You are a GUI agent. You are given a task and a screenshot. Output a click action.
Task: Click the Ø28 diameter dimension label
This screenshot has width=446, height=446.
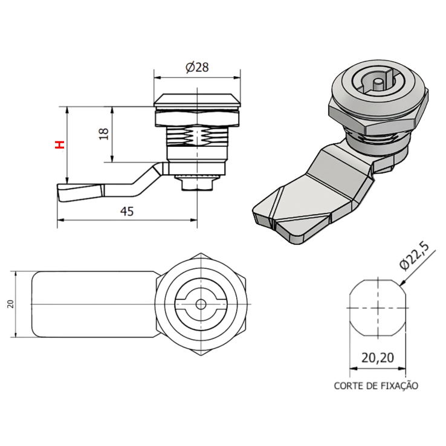click(198, 68)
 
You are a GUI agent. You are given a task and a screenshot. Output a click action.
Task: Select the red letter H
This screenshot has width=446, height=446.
click(59, 145)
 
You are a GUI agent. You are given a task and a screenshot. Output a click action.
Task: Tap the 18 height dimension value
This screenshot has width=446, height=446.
click(103, 134)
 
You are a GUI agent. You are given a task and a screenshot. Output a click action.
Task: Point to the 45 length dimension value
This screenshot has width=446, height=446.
click(127, 212)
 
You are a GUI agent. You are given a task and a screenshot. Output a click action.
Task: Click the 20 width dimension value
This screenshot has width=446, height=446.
click(10, 304)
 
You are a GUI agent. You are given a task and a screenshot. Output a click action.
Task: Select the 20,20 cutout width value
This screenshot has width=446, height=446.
click(378, 358)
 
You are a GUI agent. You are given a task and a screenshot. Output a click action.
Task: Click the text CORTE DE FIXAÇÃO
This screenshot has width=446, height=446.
click(376, 385)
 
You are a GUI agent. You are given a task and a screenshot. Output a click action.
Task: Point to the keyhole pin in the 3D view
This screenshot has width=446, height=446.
click(378, 83)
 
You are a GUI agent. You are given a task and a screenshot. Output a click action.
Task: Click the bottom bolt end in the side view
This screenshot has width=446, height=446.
click(198, 182)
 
